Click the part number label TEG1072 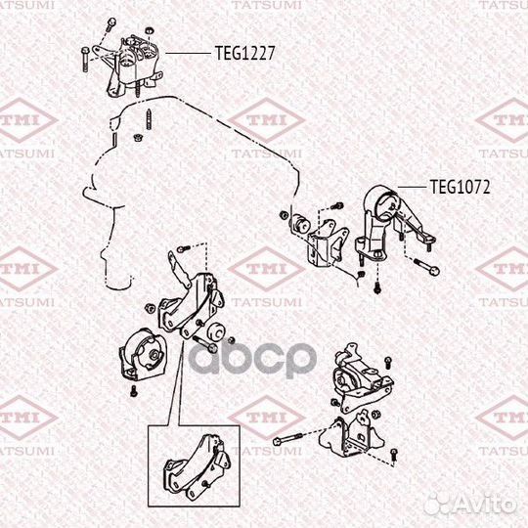pyautogui.click(x=460, y=185)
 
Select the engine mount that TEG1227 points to pyautogui.click(x=137, y=61)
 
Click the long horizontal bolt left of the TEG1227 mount pyautogui.click(x=89, y=57)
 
